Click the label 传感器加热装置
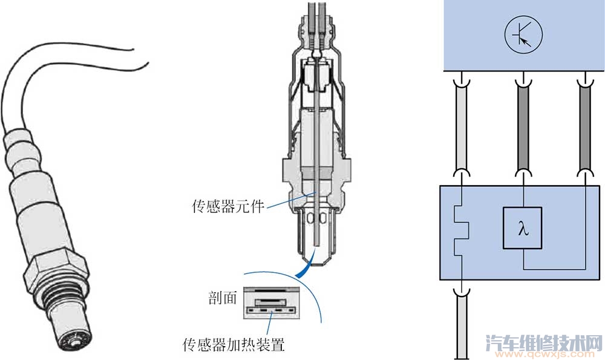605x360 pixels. pyautogui.click(x=233, y=345)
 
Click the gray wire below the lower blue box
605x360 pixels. pyautogui.click(x=461, y=327)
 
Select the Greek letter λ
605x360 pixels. pyautogui.click(x=523, y=229)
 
